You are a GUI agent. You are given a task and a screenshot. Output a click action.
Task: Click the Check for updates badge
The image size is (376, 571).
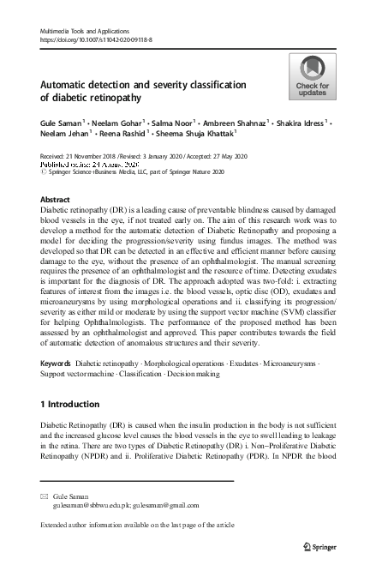coord(312,78)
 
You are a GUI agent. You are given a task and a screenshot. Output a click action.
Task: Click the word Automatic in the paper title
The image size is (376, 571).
coord(72,86)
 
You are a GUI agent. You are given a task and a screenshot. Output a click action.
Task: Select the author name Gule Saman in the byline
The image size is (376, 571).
coord(61,123)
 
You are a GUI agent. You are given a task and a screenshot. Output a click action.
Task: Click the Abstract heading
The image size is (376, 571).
coord(56,198)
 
